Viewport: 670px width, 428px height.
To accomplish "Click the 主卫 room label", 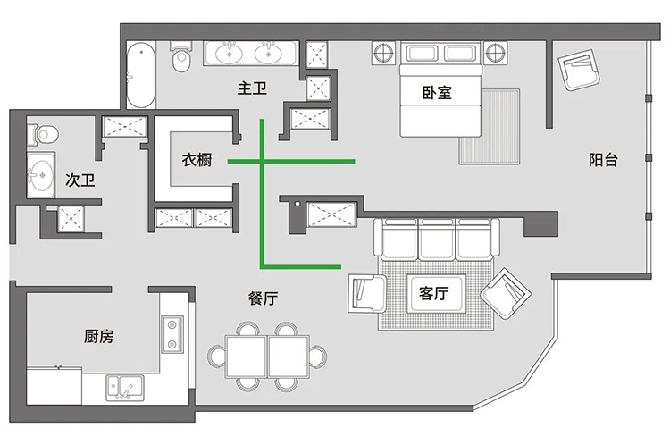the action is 252,88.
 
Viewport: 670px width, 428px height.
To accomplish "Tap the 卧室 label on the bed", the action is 437,93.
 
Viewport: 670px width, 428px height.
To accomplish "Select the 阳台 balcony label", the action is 603,160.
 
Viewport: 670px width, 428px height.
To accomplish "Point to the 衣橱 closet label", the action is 197,160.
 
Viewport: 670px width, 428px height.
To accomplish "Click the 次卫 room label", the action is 80,180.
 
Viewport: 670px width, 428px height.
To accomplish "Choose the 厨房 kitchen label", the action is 98,337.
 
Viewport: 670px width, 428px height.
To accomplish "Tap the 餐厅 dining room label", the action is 264,298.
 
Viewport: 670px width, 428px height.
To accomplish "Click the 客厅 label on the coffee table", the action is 433,294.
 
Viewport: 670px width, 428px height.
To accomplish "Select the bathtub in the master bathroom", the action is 140,75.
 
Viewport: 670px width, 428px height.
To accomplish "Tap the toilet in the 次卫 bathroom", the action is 42,134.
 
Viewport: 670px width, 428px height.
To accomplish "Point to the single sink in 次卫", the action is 40,175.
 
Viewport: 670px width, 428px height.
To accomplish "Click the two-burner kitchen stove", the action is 172,334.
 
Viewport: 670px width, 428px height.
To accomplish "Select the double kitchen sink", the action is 125,388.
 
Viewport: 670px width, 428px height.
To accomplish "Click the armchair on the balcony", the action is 580,70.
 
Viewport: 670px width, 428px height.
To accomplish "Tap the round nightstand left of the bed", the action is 384,54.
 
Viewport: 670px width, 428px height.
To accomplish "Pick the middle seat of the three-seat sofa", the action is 436,239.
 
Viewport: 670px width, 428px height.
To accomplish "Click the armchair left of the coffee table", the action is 367,293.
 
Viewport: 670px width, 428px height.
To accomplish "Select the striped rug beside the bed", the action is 490,127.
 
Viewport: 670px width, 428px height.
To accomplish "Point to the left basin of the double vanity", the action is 229,53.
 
